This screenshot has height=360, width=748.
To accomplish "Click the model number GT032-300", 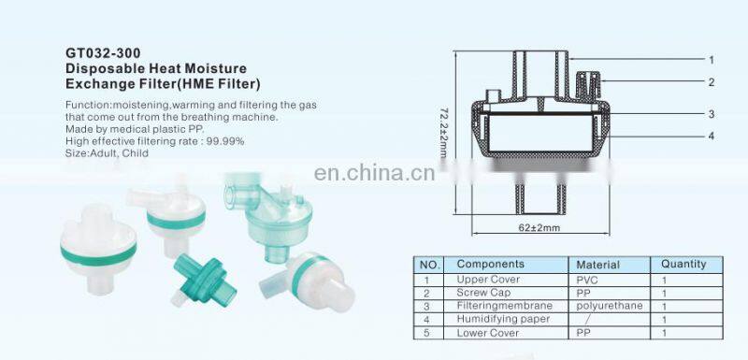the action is [x=103, y=52].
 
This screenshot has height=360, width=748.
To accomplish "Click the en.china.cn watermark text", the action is [x=375, y=173].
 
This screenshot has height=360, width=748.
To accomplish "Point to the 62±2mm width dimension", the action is [x=539, y=227].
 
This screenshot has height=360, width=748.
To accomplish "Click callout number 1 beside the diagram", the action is [x=712, y=60].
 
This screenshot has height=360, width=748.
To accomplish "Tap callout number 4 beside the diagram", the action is [x=712, y=137].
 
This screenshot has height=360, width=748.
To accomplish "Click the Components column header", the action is [x=490, y=264].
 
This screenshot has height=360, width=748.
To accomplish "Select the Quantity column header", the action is [x=683, y=264].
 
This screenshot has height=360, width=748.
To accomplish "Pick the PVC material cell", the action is [x=587, y=280].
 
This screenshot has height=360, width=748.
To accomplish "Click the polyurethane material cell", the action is [x=610, y=306].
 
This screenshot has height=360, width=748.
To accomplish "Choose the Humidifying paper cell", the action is [x=496, y=319].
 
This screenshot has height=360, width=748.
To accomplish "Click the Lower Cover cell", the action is [x=487, y=332].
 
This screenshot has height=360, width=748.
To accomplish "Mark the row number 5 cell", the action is [x=427, y=333].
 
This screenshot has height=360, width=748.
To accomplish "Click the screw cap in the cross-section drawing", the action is [x=589, y=86].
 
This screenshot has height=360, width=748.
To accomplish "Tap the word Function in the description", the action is [x=83, y=105].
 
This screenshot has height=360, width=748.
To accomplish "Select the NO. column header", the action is [x=428, y=265].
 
